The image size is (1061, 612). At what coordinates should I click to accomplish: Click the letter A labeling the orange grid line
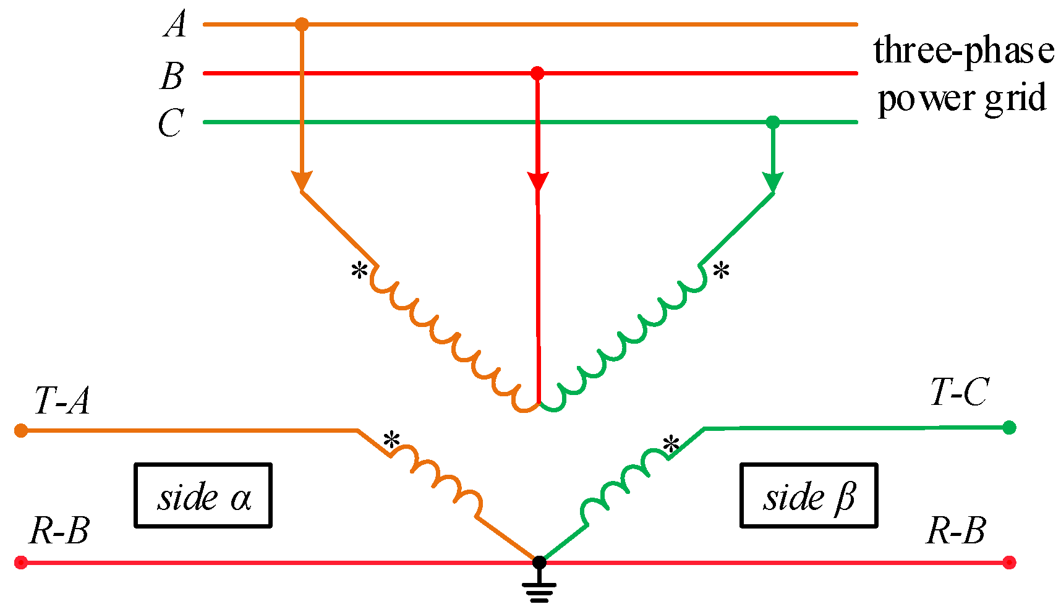pyautogui.click(x=175, y=26)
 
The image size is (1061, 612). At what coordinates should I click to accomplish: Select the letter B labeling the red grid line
pyautogui.click(x=173, y=77)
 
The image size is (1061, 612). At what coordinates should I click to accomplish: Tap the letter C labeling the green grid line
pyautogui.click(x=171, y=123)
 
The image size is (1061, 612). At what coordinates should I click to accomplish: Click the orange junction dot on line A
pyautogui.click(x=301, y=25)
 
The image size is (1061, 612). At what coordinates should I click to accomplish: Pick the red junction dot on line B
pyautogui.click(x=537, y=74)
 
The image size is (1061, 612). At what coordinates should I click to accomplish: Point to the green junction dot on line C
pyautogui.click(x=773, y=122)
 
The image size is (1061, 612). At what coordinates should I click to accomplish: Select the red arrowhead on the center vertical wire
pyautogui.click(x=538, y=182)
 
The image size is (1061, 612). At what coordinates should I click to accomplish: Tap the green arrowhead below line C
pyautogui.click(x=773, y=182)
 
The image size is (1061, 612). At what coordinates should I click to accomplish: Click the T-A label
pyautogui.click(x=62, y=401)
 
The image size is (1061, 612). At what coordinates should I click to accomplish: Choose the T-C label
pyautogui.click(x=958, y=392)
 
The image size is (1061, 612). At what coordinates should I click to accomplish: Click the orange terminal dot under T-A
pyautogui.click(x=21, y=430)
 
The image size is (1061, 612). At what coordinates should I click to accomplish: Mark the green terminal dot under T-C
pyautogui.click(x=1009, y=427)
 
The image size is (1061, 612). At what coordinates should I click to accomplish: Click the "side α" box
pyautogui.click(x=203, y=495)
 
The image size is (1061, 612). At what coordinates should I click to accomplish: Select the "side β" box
pyautogui.click(x=809, y=495)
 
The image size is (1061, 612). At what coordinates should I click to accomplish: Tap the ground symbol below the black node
pyautogui.click(x=539, y=592)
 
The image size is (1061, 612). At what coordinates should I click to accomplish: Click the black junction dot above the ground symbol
pyautogui.click(x=539, y=562)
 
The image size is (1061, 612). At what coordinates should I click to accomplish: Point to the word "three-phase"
pyautogui.click(x=963, y=51)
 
